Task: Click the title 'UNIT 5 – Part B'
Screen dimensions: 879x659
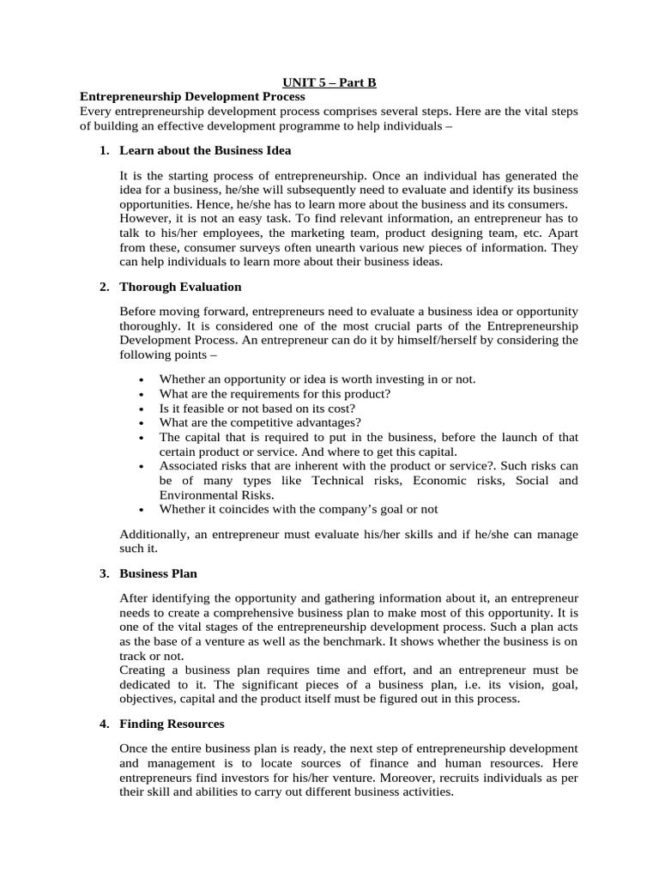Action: [330, 82]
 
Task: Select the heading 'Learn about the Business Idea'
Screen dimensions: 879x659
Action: [205, 150]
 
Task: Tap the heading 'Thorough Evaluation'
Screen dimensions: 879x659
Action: [180, 287]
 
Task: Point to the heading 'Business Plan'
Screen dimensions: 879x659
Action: [159, 573]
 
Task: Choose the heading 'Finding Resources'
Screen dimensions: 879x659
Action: [172, 724]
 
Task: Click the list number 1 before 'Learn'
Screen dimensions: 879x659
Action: [103, 150]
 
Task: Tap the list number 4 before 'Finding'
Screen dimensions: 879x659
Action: [103, 724]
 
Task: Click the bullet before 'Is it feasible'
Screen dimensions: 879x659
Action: [141, 409]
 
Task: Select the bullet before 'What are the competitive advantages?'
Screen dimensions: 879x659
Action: [141, 423]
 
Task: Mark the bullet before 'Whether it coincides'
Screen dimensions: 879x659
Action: [141, 510]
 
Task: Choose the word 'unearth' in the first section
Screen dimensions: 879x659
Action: [348, 247]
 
